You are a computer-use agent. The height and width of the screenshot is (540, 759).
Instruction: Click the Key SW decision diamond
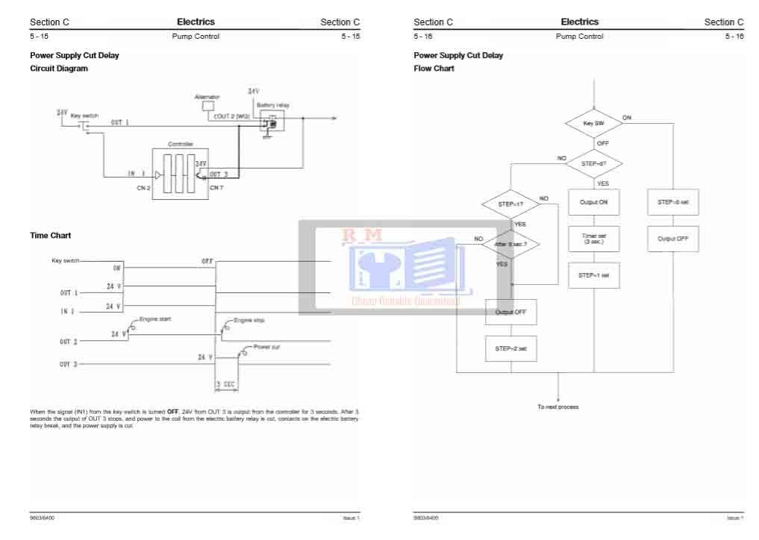click(x=593, y=123)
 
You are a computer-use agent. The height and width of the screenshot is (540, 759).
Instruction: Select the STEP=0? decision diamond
click(x=593, y=163)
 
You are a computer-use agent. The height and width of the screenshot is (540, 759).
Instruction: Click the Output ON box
click(x=593, y=202)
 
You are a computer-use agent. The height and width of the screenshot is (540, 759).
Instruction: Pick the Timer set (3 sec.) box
click(x=593, y=238)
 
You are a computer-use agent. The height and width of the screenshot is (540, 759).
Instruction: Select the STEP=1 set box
click(x=593, y=275)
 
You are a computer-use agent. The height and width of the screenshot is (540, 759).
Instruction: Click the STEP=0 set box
click(x=672, y=202)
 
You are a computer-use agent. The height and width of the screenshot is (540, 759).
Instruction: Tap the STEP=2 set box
click(x=510, y=348)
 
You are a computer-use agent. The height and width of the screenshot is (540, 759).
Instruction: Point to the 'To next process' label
click(x=558, y=406)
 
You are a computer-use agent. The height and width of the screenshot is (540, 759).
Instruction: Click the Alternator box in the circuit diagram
click(x=208, y=106)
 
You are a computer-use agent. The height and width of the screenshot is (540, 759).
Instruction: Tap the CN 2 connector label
click(x=143, y=188)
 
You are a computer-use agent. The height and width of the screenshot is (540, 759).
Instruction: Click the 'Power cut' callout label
click(x=266, y=347)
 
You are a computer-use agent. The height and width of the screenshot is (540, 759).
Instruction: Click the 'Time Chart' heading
click(x=50, y=235)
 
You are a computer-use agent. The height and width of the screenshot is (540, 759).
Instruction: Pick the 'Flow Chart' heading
click(x=434, y=68)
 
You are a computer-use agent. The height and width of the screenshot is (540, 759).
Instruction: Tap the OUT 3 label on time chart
click(x=68, y=365)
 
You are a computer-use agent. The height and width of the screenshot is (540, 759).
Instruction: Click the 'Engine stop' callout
click(x=249, y=320)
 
